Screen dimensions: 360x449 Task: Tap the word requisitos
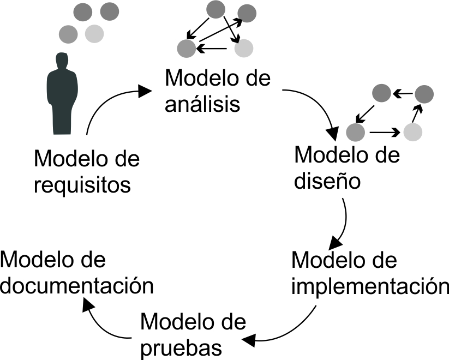click(x=82, y=185)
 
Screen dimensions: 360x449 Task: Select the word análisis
click(x=202, y=104)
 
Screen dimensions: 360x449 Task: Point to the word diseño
click(x=327, y=181)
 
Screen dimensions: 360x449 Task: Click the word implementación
click(x=369, y=286)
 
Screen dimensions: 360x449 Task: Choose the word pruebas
click(x=181, y=347)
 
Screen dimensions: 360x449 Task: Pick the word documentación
click(x=76, y=285)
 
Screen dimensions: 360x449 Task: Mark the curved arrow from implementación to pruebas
click(x=295, y=330)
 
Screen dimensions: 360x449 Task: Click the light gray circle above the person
click(x=94, y=34)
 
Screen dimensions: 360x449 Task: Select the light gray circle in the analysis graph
click(x=244, y=49)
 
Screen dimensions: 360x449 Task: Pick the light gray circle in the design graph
click(x=414, y=131)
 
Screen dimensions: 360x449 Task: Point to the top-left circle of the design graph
click(x=381, y=93)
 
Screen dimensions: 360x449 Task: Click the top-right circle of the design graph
click(x=424, y=94)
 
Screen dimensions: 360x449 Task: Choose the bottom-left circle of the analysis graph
click(x=186, y=49)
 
